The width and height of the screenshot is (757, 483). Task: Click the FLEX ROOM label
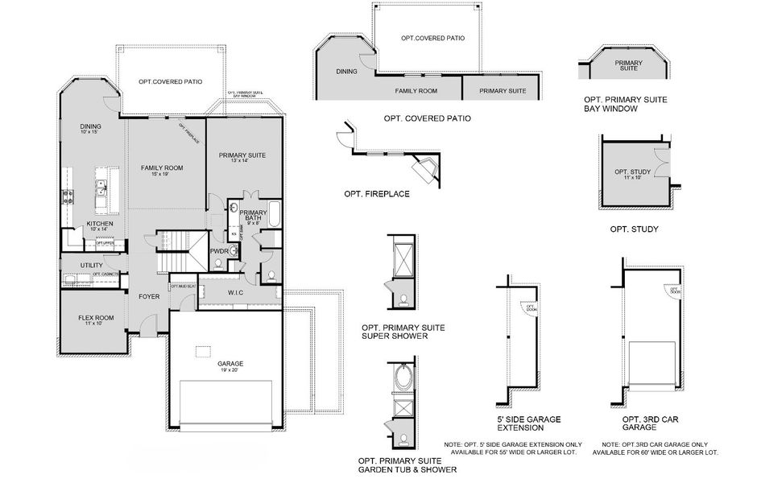click(95, 318)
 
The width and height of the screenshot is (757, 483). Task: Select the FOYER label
click(149, 296)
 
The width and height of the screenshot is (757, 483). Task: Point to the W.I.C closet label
click(236, 292)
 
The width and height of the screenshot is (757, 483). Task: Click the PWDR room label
click(219, 251)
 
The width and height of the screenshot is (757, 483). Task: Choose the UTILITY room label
click(91, 265)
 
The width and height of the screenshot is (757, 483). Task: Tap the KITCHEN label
click(100, 224)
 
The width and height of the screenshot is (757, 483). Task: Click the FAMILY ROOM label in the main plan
click(162, 168)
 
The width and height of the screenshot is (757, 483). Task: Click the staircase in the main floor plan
click(177, 247)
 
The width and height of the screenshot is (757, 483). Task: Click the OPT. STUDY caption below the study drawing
click(634, 229)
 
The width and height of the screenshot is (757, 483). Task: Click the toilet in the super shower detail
click(400, 301)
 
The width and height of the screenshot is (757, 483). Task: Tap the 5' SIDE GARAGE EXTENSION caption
click(529, 423)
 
